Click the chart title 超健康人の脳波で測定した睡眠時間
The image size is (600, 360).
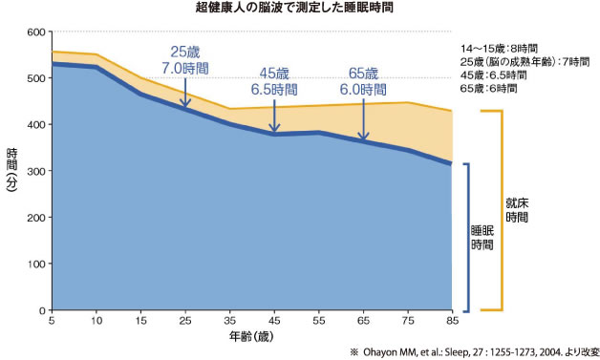299,9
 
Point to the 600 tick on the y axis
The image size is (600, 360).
34,32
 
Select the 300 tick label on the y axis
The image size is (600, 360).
34,172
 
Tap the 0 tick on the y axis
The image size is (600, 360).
41,311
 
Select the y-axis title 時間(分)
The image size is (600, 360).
11,172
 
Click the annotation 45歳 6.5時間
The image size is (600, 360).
276,81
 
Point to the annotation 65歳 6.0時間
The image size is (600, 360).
364,81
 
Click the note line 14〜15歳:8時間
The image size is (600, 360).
499,47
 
